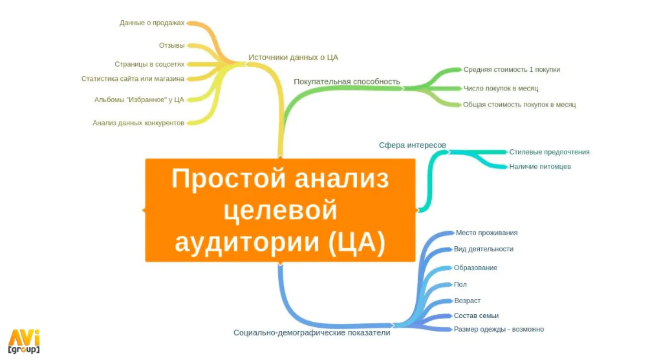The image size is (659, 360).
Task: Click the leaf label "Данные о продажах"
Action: pos(152,23)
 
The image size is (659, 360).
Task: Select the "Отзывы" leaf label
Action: pos(171,45)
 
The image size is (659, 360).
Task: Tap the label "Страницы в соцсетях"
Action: pos(149,64)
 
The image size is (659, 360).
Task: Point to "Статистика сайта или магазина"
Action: pos(133,79)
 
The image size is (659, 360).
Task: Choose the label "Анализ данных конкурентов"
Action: pos(138,123)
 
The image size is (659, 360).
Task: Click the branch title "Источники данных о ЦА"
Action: pos(294,58)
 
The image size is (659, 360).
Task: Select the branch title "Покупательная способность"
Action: pos(347,81)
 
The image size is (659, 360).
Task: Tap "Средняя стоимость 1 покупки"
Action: pos(512,70)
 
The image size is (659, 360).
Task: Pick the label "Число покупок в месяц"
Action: pos(501,88)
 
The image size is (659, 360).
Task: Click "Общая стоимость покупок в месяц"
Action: pos(519,105)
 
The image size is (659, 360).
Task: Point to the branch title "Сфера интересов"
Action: pos(413,145)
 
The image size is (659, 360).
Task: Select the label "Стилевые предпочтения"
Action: pos(549,152)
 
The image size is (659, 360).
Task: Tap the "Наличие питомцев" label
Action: pos(540,166)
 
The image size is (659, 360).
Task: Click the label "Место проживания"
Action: pos(487,233)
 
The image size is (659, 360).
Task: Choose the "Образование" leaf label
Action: pos(475,268)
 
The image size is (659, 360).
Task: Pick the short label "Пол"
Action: pos(460,284)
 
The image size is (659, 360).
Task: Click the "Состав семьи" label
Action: pos(476,315)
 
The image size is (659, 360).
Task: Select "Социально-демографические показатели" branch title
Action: pos(312,333)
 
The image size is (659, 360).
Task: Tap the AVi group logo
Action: pos(24,341)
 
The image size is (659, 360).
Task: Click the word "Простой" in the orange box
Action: pos(230,178)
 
